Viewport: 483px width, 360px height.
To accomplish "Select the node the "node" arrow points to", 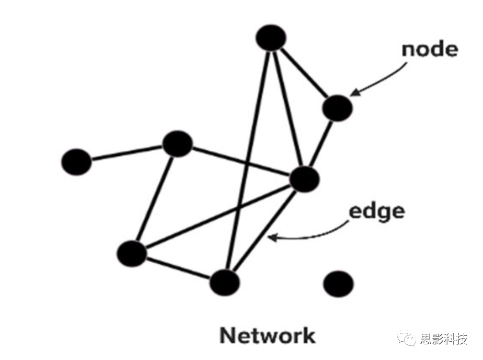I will click(337, 108).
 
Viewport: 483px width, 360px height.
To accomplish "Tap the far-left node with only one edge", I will click(76, 162).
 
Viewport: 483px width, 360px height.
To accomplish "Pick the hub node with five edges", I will click(304, 179).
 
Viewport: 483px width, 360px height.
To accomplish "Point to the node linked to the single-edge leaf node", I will click(178, 144).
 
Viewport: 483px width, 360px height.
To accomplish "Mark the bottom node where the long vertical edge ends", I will click(225, 283).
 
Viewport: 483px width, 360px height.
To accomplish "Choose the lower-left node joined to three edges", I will click(132, 253).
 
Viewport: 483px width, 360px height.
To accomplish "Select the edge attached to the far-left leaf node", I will click(127, 153).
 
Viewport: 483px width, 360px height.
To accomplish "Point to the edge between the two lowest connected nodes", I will click(178, 267).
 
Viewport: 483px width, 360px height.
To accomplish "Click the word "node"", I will click(429, 49).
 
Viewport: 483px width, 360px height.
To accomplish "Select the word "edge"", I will click(376, 212).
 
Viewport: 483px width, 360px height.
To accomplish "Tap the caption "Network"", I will click(267, 335).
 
